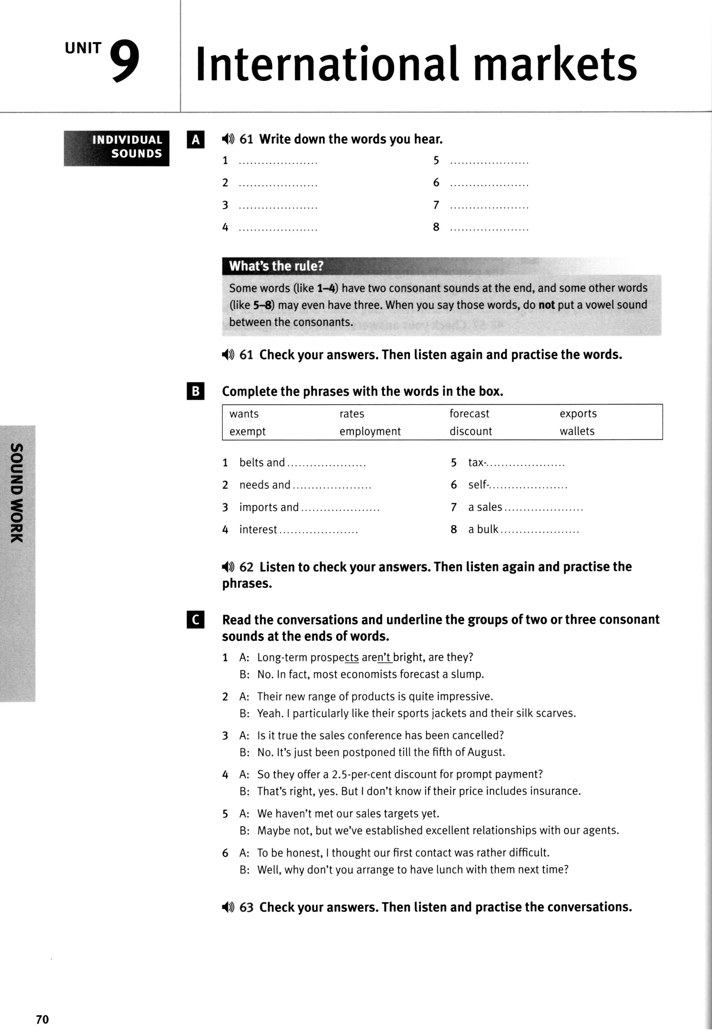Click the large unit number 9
[x=125, y=62]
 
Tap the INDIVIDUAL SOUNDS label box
[x=116, y=148]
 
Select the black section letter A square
[x=195, y=140]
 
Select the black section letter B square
[x=195, y=391]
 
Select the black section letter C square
[x=195, y=620]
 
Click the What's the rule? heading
[x=276, y=266]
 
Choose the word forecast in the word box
[x=469, y=414]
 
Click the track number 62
[x=246, y=567]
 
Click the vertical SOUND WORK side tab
[x=17, y=493]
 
